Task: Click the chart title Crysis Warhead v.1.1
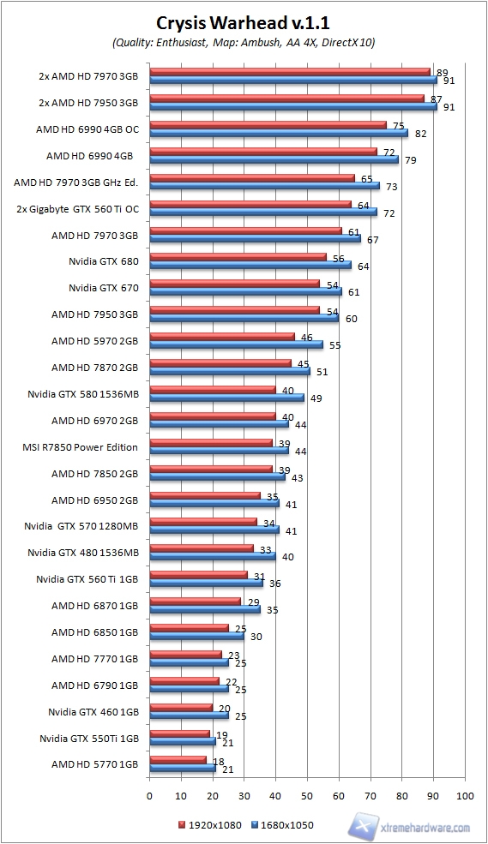pos(244,23)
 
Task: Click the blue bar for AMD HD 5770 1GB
pos(183,768)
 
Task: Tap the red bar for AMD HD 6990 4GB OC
pos(268,124)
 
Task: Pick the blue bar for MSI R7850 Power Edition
pos(219,450)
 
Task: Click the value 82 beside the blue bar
pos(420,134)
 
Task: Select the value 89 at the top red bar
pos(443,73)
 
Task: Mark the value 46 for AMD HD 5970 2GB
pos(307,338)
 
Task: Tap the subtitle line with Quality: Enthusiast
pos(244,41)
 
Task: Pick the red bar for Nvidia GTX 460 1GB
pos(181,707)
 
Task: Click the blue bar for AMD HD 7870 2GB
pos(230,370)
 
